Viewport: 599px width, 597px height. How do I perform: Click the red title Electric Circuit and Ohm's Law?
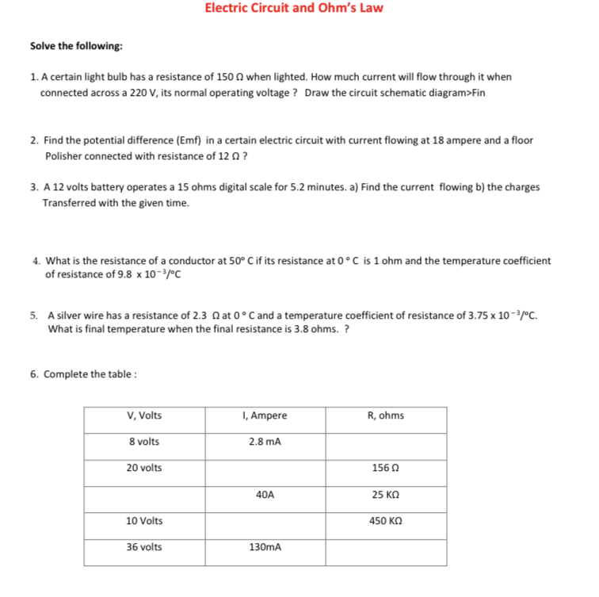coord(293,8)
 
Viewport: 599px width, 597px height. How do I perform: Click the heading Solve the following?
coord(76,46)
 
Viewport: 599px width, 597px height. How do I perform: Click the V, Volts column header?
coord(144,415)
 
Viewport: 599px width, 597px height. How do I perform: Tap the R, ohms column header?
coord(385,415)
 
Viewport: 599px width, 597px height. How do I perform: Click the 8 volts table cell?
coord(144,442)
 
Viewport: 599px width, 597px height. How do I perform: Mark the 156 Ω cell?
coord(385,468)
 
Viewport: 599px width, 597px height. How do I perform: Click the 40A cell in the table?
coord(265,494)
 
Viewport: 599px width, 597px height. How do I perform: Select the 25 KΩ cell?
coord(385,494)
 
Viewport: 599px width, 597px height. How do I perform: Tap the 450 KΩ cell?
coord(385,521)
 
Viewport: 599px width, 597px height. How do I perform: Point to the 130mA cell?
coord(265,547)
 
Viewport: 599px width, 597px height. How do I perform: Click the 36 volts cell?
coord(144,547)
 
